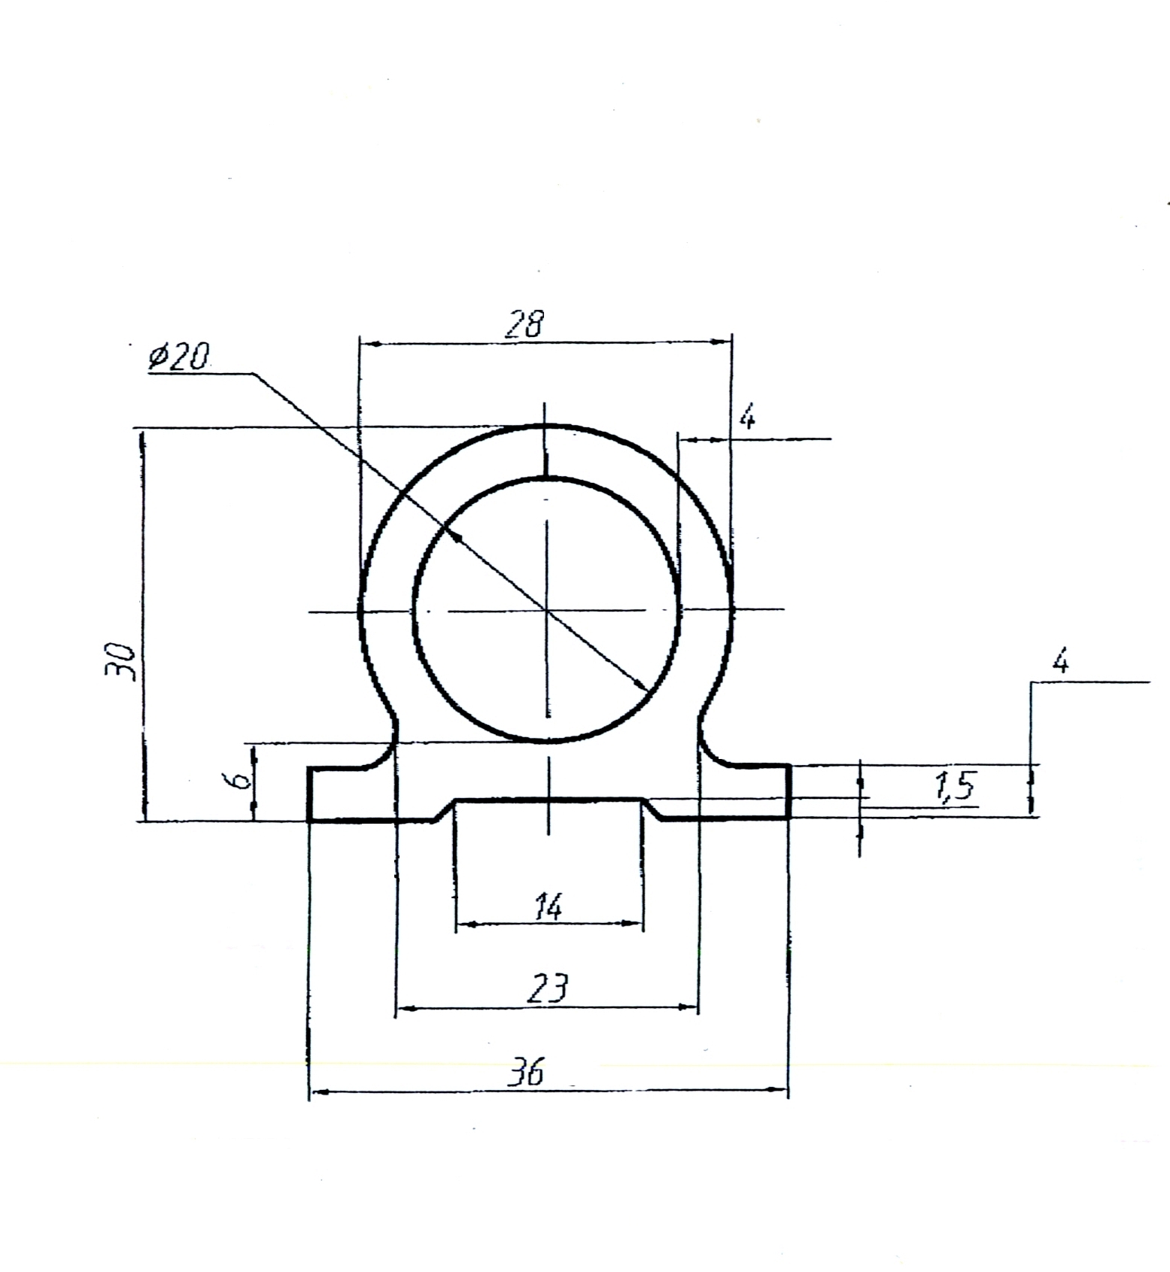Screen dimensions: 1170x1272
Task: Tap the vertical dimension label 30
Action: point(120,661)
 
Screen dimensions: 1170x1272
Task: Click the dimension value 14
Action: point(548,906)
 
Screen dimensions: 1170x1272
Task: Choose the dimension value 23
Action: point(548,988)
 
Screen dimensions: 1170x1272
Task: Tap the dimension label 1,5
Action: point(954,785)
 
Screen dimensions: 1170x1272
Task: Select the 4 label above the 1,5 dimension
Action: point(1060,662)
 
